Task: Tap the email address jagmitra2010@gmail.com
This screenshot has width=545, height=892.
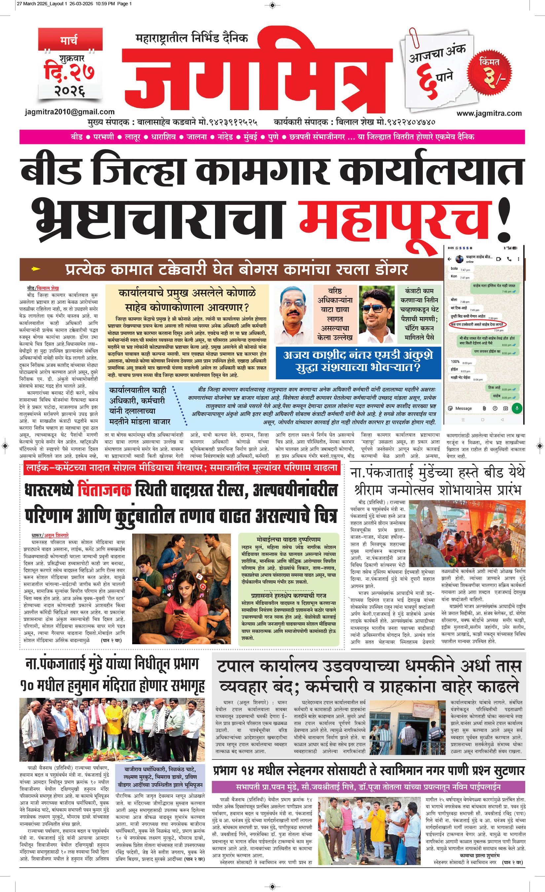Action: (x=70, y=112)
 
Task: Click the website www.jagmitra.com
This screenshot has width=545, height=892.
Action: (x=489, y=113)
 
